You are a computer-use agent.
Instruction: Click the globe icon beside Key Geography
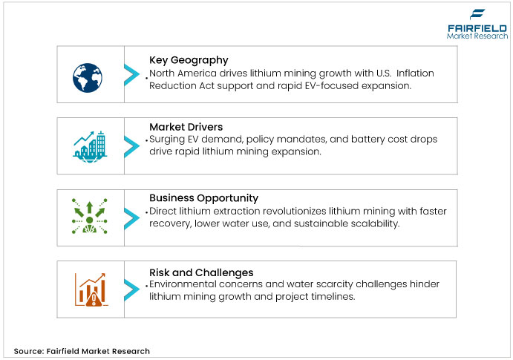pos(88,78)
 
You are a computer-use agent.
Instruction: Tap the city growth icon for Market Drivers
pos(90,147)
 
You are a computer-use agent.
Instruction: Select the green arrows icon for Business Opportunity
pos(90,216)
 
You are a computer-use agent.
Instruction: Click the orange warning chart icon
pos(91,289)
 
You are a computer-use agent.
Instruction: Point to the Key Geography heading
pos(189,60)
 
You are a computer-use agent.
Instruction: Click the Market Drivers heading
pos(186,127)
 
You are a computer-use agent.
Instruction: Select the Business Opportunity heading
pos(204,198)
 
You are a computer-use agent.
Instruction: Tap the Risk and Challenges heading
pos(201,272)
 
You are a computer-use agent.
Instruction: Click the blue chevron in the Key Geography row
pos(132,75)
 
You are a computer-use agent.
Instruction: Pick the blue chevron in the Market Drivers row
pos(132,147)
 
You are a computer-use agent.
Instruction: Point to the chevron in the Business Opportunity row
pos(132,218)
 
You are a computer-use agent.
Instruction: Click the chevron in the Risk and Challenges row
pos(132,289)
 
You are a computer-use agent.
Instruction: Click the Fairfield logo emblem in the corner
pos(477,14)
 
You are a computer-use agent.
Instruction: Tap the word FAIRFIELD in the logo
pos(477,28)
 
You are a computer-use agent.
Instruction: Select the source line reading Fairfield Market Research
pos(82,351)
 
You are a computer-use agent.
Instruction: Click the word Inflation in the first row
pos(415,73)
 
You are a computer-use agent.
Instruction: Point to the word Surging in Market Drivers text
pos(167,140)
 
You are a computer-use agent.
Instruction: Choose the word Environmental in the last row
pos(183,284)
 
